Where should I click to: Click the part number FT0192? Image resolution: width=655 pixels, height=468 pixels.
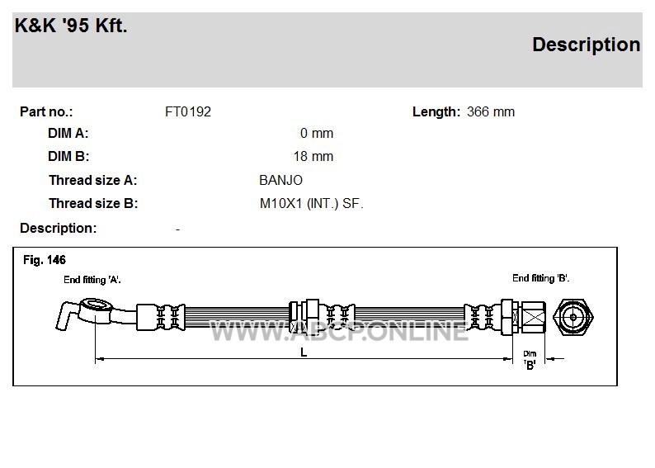188,112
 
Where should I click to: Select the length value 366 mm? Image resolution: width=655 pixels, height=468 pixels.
491,112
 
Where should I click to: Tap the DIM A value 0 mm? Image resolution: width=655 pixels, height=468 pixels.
317,133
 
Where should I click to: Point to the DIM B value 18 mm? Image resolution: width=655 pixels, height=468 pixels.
313,156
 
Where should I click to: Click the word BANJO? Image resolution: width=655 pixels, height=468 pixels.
280,180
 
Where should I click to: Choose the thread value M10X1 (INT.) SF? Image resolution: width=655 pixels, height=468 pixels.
312,204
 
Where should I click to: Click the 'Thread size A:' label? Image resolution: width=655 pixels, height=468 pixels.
92,180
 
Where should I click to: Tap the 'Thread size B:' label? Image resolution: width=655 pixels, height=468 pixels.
93,204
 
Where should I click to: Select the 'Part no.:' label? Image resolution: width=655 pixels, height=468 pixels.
46,112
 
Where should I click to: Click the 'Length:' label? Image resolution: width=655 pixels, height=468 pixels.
436,112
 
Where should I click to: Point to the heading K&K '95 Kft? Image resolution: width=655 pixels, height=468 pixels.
71,26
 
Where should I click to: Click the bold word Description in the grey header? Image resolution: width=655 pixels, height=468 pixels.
586,45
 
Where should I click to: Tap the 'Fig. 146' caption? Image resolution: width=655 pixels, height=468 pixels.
45,260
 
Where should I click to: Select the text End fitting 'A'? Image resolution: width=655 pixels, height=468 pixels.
92,280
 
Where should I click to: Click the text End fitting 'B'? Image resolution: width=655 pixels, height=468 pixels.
541,278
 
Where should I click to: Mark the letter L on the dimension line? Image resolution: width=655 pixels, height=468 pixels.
304,352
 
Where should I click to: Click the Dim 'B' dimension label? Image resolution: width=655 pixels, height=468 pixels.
530,360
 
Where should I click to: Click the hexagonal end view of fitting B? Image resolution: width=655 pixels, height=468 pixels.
573,317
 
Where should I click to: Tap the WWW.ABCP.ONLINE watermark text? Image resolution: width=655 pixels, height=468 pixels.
339,332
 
